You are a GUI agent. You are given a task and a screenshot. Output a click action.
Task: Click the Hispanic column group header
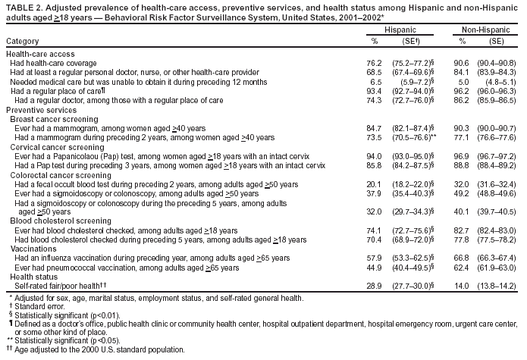coord(400,28)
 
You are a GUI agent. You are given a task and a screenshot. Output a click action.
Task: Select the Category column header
coord(23,39)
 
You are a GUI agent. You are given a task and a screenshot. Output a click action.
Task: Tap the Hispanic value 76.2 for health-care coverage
coord(373,63)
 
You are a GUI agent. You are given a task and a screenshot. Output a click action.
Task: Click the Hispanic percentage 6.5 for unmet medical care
coord(375,81)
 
